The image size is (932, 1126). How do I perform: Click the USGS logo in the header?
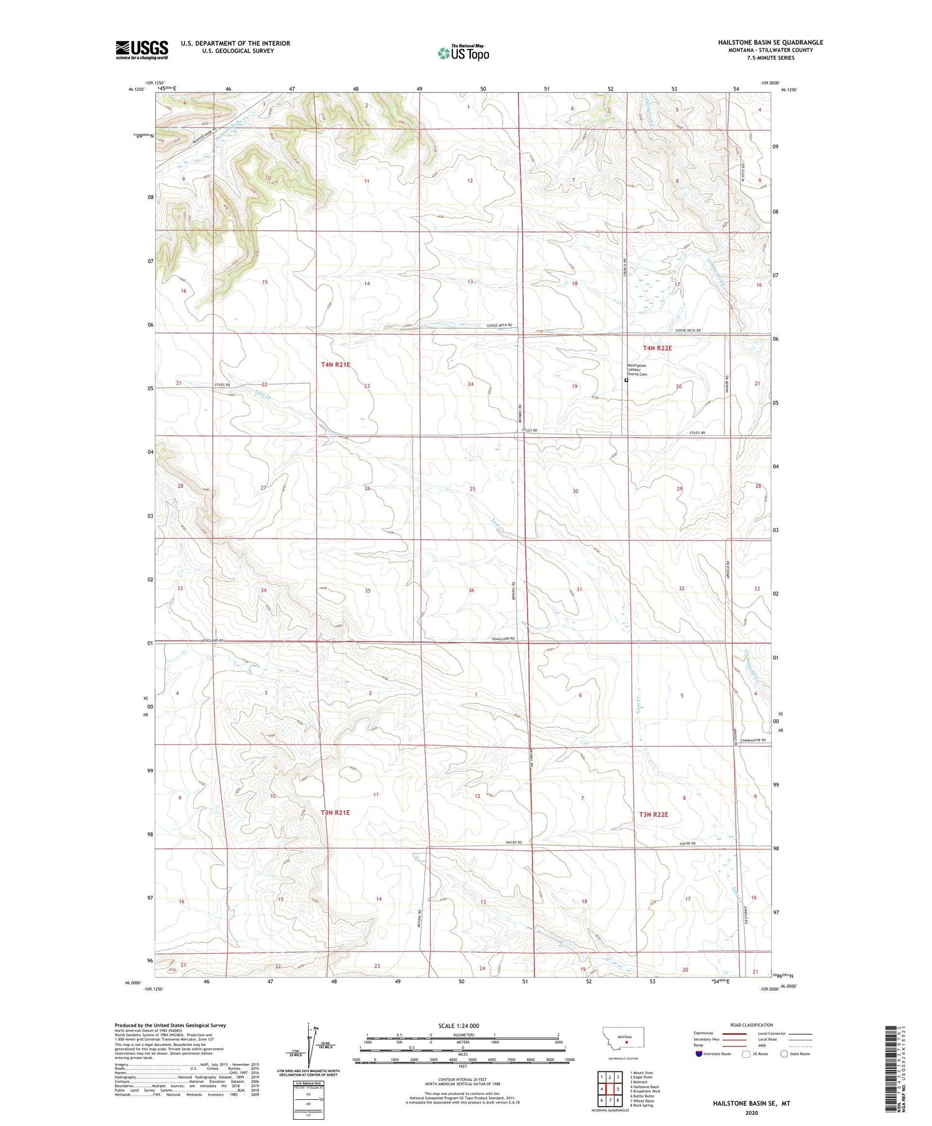[x=142, y=50]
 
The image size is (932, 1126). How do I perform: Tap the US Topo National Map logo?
[x=464, y=53]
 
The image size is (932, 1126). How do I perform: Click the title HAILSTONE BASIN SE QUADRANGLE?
[x=770, y=42]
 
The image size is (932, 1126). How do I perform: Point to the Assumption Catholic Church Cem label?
[x=637, y=370]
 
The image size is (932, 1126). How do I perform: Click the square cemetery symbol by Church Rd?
[x=626, y=381]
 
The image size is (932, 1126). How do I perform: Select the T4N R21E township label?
[x=336, y=365]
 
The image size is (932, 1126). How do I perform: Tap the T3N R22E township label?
[x=654, y=814]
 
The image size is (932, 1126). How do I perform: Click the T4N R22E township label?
[x=657, y=348]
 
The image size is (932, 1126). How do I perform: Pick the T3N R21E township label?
[x=336, y=812]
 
